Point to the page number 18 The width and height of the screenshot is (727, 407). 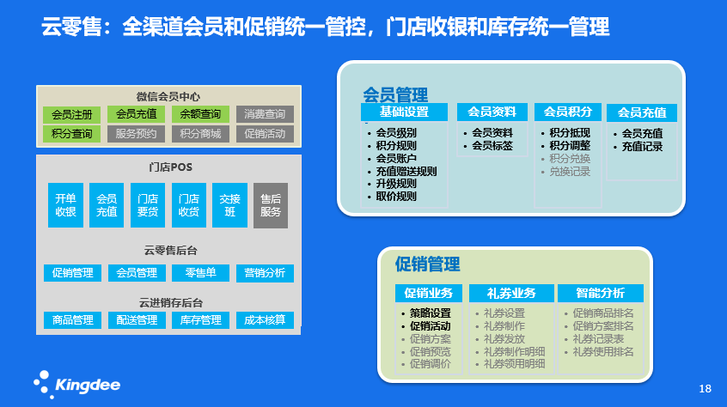click(x=705, y=389)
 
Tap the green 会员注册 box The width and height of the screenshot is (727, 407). click(x=71, y=114)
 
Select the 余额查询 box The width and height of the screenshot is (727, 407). click(x=200, y=114)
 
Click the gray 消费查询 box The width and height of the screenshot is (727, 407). click(x=265, y=114)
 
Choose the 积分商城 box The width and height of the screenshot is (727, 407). click(x=200, y=134)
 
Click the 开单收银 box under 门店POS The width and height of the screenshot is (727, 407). click(x=65, y=205)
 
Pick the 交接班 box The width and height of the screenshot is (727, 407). click(x=229, y=205)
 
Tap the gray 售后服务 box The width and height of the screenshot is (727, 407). click(x=271, y=205)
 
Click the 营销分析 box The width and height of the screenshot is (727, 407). click(x=265, y=273)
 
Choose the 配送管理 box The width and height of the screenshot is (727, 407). click(x=136, y=320)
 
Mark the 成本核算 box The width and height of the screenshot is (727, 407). click(x=265, y=320)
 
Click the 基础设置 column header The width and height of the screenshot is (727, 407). click(x=405, y=112)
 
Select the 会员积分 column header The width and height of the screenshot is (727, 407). click(x=567, y=112)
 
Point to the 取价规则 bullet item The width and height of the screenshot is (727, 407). click(x=396, y=197)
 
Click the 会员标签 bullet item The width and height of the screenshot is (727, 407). click(x=492, y=146)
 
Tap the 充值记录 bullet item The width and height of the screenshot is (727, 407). click(x=642, y=147)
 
